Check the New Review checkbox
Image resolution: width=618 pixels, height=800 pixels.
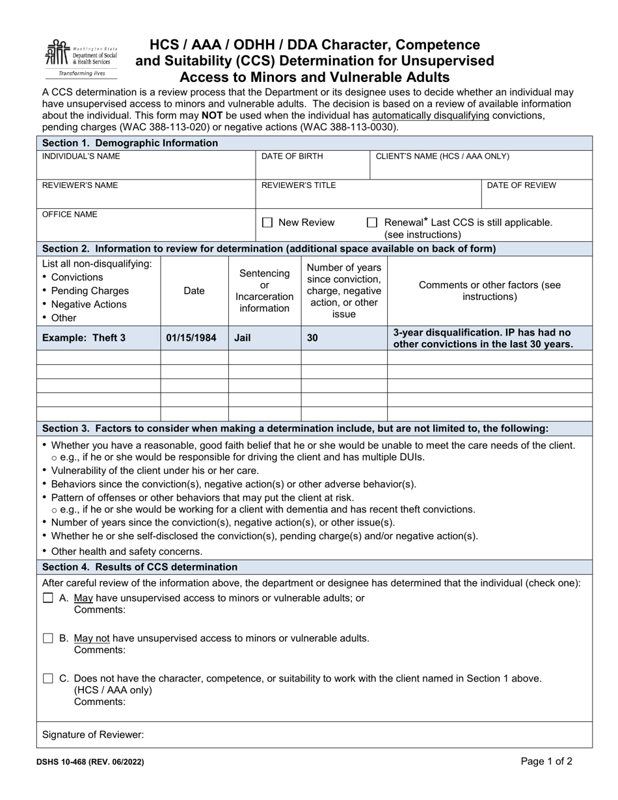point(267,222)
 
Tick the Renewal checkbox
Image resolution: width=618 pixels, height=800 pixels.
point(372,222)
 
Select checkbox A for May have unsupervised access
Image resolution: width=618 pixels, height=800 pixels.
point(47,598)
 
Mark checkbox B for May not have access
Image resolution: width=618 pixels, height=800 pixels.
point(47,638)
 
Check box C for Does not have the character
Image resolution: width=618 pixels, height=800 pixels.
point(47,678)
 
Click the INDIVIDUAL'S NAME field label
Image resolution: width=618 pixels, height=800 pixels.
point(81,157)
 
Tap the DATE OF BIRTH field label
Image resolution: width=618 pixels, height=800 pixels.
point(292,157)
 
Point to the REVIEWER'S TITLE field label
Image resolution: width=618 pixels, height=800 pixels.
point(299,185)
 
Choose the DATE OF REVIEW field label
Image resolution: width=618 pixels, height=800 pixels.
point(522,185)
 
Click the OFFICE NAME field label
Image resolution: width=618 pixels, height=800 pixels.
point(70,214)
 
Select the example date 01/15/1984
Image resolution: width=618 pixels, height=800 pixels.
point(191,338)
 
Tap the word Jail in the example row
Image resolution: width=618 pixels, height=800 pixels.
point(243,338)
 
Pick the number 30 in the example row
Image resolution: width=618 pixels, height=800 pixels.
point(312,338)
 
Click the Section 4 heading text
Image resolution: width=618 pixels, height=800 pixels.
point(140,567)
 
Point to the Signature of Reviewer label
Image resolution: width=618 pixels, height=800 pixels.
point(93,735)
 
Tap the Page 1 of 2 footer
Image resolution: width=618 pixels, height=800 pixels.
point(546,761)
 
